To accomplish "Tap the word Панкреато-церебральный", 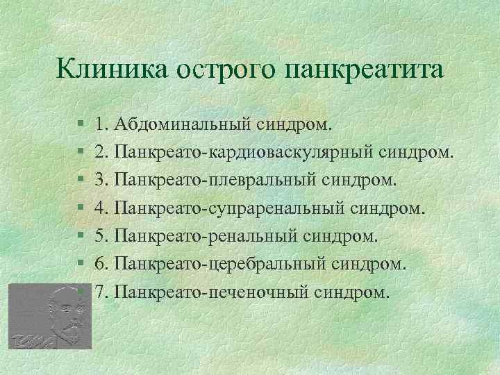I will click(x=221, y=263).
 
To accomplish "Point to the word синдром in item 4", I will click(x=393, y=208).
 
